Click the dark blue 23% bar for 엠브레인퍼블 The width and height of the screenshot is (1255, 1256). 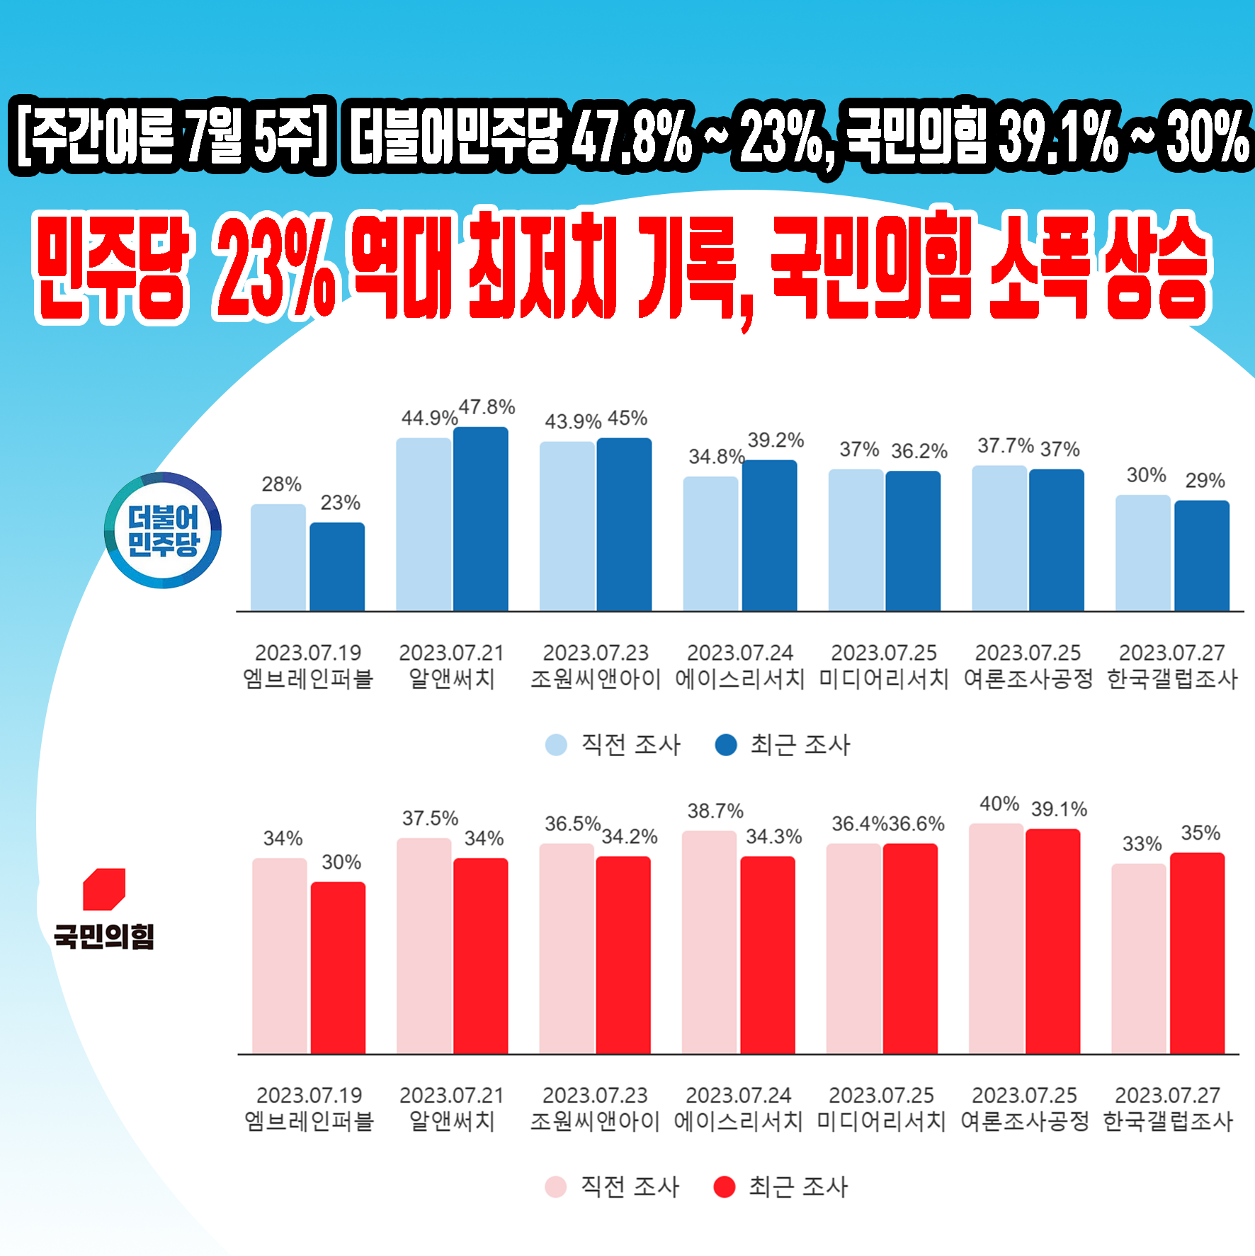[337, 566]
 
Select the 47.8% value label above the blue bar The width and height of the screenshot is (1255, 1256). [487, 408]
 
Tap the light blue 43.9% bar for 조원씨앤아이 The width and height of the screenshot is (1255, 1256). [567, 526]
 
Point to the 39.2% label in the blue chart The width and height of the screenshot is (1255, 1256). [776, 440]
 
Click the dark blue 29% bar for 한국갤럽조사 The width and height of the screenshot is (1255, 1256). [1202, 556]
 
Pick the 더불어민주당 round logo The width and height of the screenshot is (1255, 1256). [163, 530]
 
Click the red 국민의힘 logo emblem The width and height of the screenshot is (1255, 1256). [104, 889]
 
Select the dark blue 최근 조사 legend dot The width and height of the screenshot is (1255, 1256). [726, 745]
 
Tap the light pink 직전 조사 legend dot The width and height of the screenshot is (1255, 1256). [556, 1187]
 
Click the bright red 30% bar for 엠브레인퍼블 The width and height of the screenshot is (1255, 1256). [338, 967]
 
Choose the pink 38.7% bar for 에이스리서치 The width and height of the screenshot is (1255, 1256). [709, 942]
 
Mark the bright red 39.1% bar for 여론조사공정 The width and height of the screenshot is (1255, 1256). [1052, 941]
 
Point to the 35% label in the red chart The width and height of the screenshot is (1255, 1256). [1200, 833]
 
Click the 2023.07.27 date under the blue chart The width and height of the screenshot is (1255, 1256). [1171, 652]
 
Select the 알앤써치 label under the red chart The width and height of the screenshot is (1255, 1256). [452, 1121]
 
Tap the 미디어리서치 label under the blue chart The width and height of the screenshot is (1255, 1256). [883, 679]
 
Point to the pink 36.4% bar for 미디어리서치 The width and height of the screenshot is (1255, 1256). [853, 949]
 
